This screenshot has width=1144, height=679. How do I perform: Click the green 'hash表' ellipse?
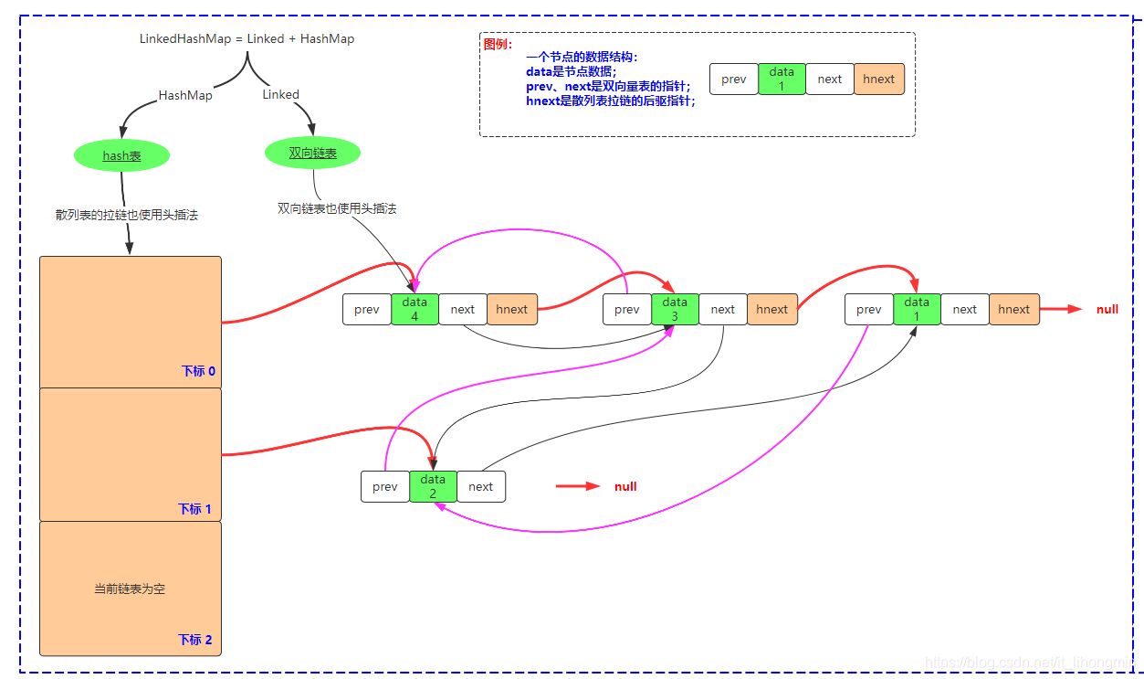[x=121, y=155]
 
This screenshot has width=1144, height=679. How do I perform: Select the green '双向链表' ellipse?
[x=312, y=153]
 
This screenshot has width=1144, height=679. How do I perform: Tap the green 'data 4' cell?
[x=415, y=309]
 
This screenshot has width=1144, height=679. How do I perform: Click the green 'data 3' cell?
[x=675, y=309]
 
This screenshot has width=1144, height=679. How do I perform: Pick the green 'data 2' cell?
[x=433, y=487]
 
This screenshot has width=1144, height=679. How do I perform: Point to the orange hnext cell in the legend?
[x=879, y=80]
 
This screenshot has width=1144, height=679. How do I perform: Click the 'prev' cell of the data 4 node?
[x=367, y=309]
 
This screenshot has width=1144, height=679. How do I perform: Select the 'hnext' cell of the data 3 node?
[x=772, y=309]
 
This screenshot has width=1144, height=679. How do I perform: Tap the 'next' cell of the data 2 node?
[x=480, y=487]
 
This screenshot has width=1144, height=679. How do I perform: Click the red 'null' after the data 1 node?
[x=1107, y=309]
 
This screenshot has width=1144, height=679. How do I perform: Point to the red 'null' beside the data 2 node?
[x=625, y=486]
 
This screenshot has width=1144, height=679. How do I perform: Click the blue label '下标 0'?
[x=198, y=371]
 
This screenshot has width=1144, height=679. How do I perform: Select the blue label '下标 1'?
[x=194, y=509]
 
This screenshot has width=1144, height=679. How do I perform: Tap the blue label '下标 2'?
[x=195, y=640]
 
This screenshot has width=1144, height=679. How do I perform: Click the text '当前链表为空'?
[x=130, y=589]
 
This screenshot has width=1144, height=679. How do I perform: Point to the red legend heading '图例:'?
[x=498, y=45]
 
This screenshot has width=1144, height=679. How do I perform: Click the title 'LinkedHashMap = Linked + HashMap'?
[x=247, y=39]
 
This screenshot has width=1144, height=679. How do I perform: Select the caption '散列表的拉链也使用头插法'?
[x=127, y=215]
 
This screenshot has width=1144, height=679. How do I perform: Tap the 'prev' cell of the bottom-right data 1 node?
[x=868, y=309]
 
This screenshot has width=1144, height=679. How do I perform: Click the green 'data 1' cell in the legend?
[x=782, y=80]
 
